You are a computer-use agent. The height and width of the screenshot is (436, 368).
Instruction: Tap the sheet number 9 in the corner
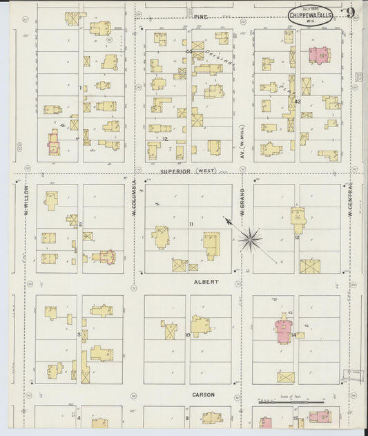point(351,12)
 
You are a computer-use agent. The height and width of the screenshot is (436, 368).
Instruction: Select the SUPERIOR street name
point(175,171)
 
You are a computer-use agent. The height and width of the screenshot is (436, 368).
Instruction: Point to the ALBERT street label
point(205,282)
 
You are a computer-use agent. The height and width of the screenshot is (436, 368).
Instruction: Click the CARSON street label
point(204,395)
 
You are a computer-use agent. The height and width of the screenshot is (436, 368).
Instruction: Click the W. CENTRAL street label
point(350,198)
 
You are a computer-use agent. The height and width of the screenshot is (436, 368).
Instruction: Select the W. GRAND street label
point(242,202)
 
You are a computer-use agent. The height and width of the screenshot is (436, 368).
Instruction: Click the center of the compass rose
point(250,240)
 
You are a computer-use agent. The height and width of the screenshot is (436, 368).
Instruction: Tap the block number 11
point(191,225)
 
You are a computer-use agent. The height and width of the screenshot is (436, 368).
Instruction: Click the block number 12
point(166,138)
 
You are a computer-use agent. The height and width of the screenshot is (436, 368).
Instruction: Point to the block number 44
point(188,52)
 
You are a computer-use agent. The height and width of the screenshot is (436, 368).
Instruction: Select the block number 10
point(187,335)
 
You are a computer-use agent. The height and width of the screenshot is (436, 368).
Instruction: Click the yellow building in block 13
point(298,220)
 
